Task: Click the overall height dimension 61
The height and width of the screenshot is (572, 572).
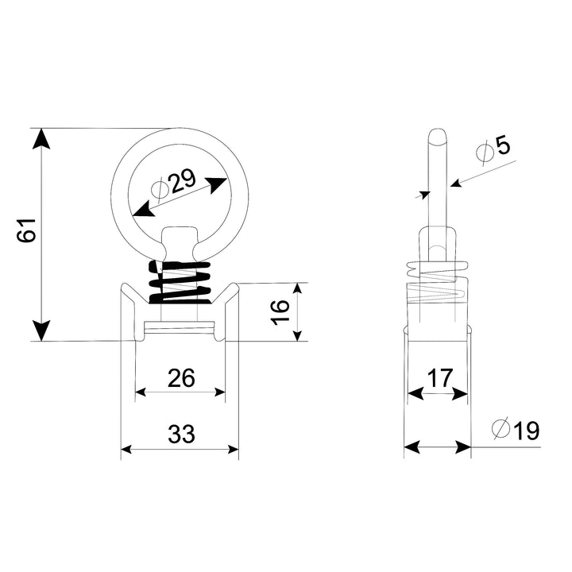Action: pyautogui.click(x=27, y=230)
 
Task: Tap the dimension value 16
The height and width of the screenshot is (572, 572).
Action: pyautogui.click(x=280, y=312)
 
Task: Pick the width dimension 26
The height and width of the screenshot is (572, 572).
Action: pyautogui.click(x=181, y=378)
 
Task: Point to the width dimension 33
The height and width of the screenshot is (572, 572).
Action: pyautogui.click(x=181, y=434)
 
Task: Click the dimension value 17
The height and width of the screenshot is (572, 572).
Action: pyautogui.click(x=440, y=378)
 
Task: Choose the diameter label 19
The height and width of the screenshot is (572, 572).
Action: pyautogui.click(x=526, y=431)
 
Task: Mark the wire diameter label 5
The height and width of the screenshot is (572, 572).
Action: pyautogui.click(x=502, y=146)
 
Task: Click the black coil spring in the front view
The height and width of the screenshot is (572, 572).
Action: pyautogui.click(x=180, y=283)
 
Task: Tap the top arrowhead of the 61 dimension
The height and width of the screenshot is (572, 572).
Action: pyautogui.click(x=41, y=138)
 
